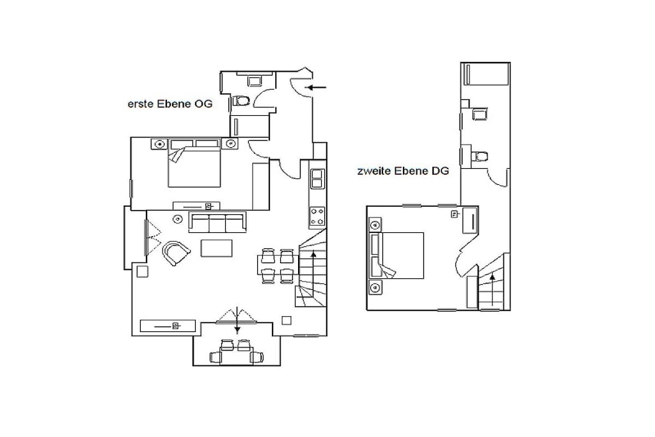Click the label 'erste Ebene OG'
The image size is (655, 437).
(170, 104)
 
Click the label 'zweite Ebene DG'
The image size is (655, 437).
(403, 171)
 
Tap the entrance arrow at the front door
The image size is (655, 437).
(316, 87)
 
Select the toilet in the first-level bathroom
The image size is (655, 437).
(241, 100)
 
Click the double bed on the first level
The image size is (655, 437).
(194, 163)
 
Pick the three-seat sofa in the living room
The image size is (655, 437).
(217, 222)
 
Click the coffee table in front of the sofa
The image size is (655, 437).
(216, 248)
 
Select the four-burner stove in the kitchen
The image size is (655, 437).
(317, 216)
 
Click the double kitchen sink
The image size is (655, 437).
(317, 179)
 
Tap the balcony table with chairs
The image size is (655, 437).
(237, 352)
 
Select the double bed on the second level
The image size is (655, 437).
(397, 255)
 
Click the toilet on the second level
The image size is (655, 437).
(479, 156)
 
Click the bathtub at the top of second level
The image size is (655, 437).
(485, 74)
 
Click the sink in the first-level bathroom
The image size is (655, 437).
(255, 80)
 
